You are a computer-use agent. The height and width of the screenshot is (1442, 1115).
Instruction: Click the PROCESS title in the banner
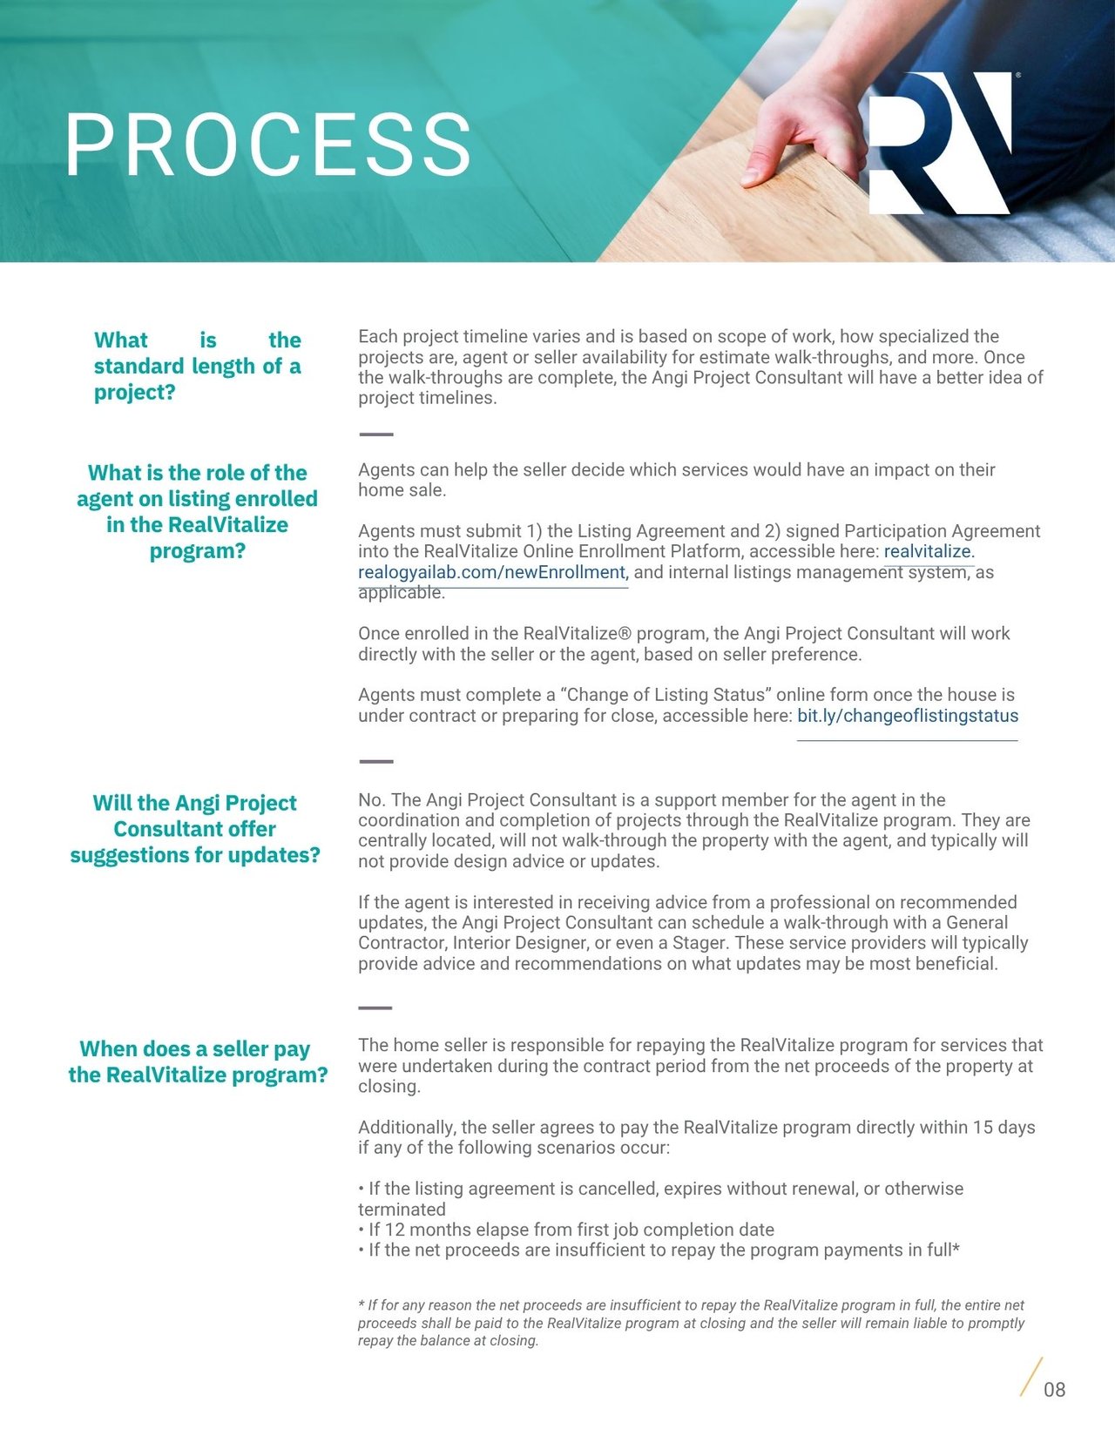click(x=268, y=145)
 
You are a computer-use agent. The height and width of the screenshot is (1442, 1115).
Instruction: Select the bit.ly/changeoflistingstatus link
click(x=907, y=716)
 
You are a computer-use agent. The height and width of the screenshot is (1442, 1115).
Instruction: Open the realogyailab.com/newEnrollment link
click(x=491, y=572)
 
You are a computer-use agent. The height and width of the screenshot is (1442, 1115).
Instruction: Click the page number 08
click(x=1054, y=1390)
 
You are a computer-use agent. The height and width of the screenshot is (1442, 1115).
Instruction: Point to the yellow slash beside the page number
click(x=1031, y=1377)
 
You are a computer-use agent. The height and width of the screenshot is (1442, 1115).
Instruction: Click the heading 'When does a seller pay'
click(x=195, y=1048)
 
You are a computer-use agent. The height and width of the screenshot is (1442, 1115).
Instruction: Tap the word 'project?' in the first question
click(x=134, y=392)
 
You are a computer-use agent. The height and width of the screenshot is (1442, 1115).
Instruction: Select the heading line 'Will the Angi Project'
click(x=195, y=802)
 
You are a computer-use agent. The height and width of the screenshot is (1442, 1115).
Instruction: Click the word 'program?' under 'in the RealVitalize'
click(x=198, y=550)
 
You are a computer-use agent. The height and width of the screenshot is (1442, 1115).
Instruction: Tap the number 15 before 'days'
click(x=982, y=1127)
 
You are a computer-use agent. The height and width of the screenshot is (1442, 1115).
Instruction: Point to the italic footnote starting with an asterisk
click(x=691, y=1322)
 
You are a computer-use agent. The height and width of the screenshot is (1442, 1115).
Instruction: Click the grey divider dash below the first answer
click(x=375, y=434)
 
